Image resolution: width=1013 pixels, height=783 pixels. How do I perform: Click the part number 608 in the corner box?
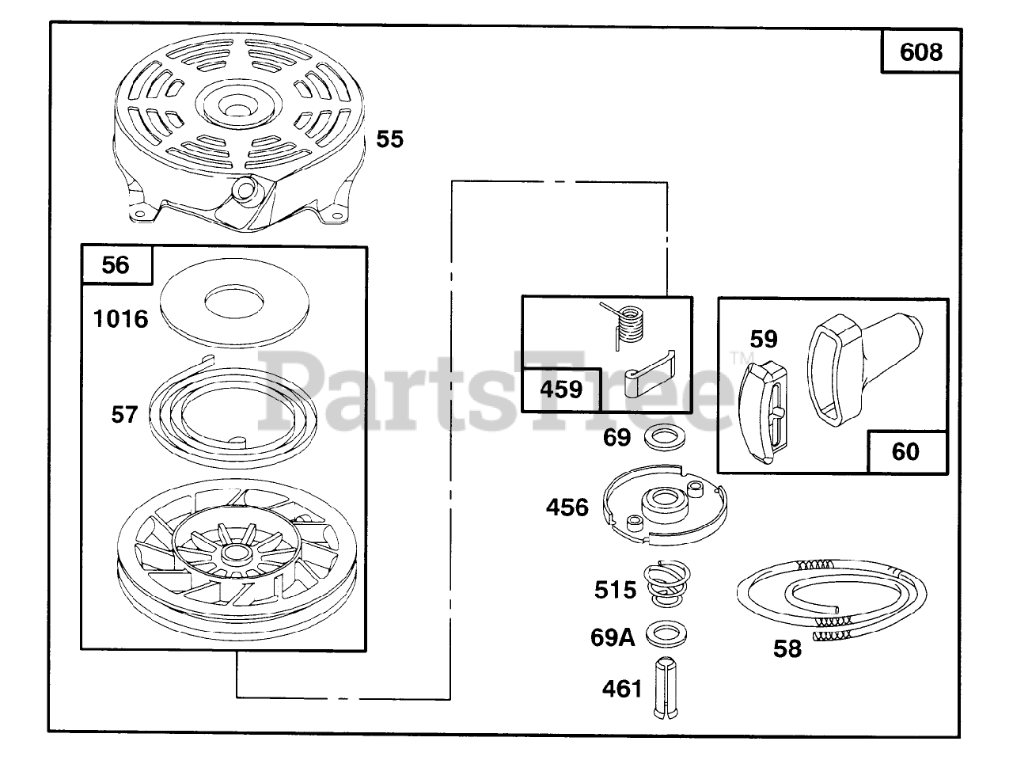point(921,51)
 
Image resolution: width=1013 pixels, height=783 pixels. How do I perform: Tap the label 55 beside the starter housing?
point(389,139)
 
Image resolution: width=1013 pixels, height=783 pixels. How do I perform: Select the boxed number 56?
point(116,264)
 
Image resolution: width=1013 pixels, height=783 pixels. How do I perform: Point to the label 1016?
point(120,319)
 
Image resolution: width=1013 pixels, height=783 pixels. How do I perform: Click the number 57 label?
point(124,414)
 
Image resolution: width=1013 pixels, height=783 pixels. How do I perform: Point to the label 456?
point(567,507)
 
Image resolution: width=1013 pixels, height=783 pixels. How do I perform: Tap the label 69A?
point(612,637)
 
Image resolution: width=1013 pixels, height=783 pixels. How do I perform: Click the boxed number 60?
point(906,451)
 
